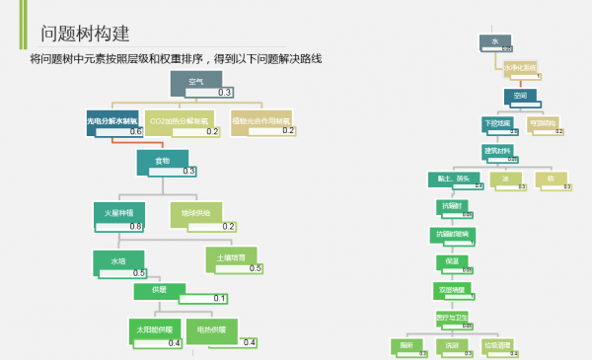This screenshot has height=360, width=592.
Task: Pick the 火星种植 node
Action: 119,214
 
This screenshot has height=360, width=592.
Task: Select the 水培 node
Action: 118,261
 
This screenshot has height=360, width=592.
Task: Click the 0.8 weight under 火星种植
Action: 135,227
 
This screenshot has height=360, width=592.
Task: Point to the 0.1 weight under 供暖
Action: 219,299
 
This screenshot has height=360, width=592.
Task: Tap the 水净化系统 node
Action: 520,68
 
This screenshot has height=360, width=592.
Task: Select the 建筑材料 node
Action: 498,151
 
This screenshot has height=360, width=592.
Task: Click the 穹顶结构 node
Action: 544,124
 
